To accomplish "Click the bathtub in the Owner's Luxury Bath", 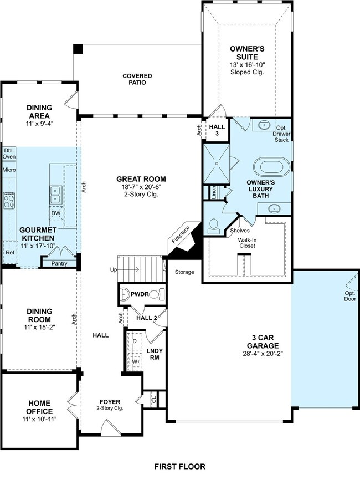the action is coord(271,167).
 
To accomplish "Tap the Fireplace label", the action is coord(181,234).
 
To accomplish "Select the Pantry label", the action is coord(59,263).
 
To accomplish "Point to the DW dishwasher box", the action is coord(56,213).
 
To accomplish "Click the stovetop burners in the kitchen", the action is coord(9,201).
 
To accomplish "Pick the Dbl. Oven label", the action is coord(9,154).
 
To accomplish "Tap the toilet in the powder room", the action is coord(154,294).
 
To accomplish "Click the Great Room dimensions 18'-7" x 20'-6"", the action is coord(141,187).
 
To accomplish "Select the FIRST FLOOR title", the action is coord(180,466).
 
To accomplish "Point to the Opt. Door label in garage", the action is coord(350,296).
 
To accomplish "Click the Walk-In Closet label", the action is coord(248,243).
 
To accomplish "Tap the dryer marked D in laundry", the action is coord(135,341).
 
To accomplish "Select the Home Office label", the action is coord(39,407).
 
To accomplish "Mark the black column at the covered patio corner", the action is coord(78,49).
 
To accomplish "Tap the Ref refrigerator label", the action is coord(10,252).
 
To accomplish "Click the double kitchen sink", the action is coord(55,195).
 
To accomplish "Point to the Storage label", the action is coord(184,272).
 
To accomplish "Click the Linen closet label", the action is coord(214,192).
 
